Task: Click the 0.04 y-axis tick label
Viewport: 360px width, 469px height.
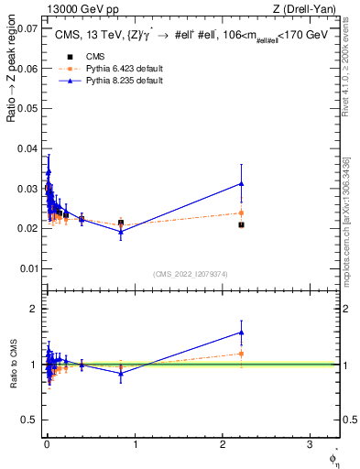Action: click(x=28, y=148)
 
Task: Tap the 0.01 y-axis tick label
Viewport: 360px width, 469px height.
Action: click(x=28, y=268)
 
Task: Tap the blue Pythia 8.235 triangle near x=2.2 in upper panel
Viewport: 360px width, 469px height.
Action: click(x=241, y=183)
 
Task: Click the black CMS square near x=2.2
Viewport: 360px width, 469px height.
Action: click(x=241, y=224)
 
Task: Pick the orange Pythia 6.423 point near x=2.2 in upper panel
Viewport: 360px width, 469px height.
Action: click(x=241, y=213)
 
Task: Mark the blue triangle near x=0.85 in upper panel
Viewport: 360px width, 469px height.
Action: click(x=121, y=232)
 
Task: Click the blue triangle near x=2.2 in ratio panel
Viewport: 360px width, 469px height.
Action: click(x=241, y=333)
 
